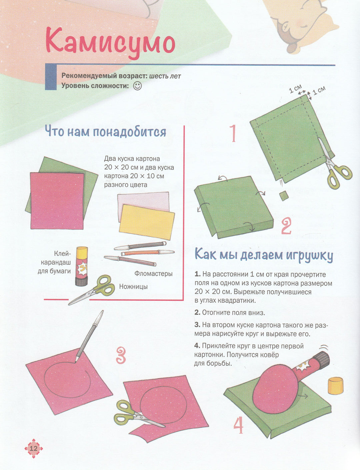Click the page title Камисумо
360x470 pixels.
tap(110, 43)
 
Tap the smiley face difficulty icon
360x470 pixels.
tap(137, 86)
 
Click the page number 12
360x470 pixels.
tap(33, 448)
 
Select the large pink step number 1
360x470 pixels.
tap(233, 133)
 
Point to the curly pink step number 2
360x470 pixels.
tap(286, 226)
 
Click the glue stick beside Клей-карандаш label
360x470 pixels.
tap(82, 266)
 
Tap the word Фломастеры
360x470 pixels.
tap(153, 273)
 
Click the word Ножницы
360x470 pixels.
tap(133, 286)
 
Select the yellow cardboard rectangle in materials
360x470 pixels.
tap(147, 222)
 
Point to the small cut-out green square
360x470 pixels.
tap(284, 196)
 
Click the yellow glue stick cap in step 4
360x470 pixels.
tap(335, 386)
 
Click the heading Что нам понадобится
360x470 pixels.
tap(106, 131)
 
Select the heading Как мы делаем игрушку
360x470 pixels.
tap(264, 255)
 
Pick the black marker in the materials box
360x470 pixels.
tap(140, 246)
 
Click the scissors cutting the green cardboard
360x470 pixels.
tap(334, 166)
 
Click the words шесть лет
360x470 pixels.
tap(165, 76)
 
